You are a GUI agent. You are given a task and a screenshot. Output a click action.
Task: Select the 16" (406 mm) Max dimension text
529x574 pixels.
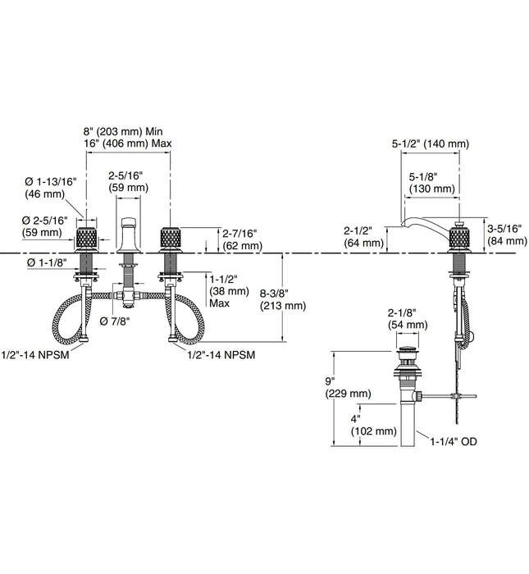127,144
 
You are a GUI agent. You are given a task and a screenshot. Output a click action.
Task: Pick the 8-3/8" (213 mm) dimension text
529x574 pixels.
282,299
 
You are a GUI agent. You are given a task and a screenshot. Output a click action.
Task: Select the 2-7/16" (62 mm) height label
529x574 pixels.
240,239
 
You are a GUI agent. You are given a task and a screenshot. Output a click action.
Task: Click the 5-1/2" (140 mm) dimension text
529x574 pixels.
431,143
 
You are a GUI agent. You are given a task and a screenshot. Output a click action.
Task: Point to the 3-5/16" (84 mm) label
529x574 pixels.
506,235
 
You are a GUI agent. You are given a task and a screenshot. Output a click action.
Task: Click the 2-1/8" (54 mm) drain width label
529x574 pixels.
408,319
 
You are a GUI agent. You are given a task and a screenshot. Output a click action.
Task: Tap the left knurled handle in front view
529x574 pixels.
87,240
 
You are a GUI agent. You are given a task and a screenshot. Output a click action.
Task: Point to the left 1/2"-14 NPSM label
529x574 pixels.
35,353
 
